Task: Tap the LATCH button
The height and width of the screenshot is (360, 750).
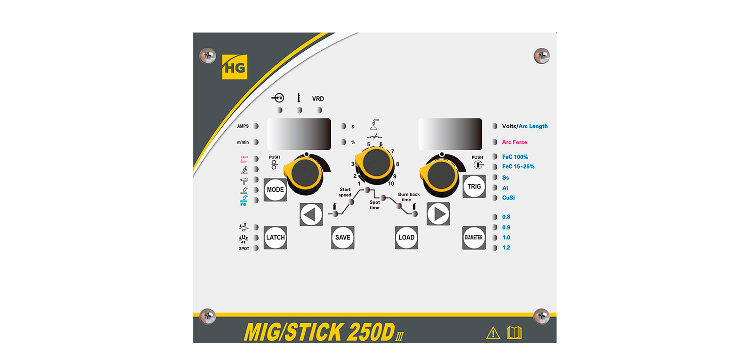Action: (x=275, y=238)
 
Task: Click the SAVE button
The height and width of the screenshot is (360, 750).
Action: (x=343, y=238)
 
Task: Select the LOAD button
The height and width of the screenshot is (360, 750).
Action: (x=406, y=238)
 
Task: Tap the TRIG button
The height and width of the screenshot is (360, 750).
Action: (x=474, y=186)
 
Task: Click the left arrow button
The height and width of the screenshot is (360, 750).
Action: (x=311, y=214)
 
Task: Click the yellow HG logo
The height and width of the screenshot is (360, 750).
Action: (x=235, y=67)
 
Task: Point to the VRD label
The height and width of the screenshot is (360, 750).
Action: (x=318, y=99)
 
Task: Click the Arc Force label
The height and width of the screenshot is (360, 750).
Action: (x=514, y=142)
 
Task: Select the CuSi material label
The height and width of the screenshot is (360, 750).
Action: (x=508, y=198)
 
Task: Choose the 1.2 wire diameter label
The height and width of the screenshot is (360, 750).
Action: (x=506, y=248)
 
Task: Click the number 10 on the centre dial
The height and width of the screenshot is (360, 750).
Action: (x=391, y=184)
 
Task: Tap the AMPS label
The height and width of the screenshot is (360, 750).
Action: (x=243, y=126)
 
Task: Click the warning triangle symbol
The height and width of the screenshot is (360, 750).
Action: (x=493, y=333)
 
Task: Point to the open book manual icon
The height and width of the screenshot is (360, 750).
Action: (x=514, y=333)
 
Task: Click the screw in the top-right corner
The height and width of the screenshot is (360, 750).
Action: (x=542, y=56)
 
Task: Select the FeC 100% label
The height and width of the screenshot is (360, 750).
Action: (x=515, y=157)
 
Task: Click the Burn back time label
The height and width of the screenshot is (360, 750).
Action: (x=409, y=197)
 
